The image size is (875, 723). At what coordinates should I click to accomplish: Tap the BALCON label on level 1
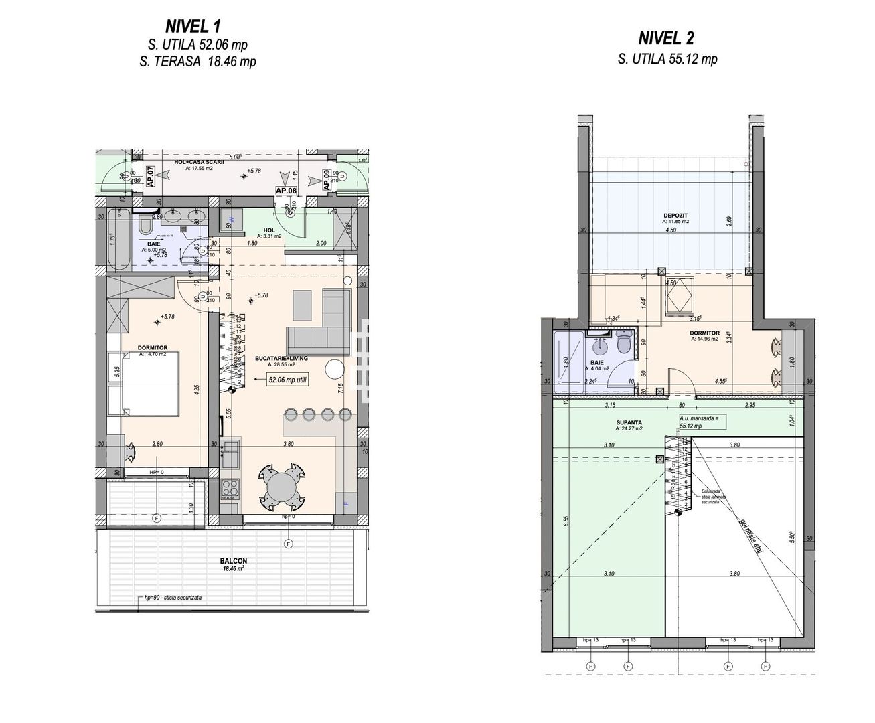pos(233,561)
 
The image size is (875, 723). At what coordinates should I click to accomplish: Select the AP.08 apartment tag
pos(287,191)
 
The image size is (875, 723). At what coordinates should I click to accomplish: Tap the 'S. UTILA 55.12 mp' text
pos(667,59)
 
